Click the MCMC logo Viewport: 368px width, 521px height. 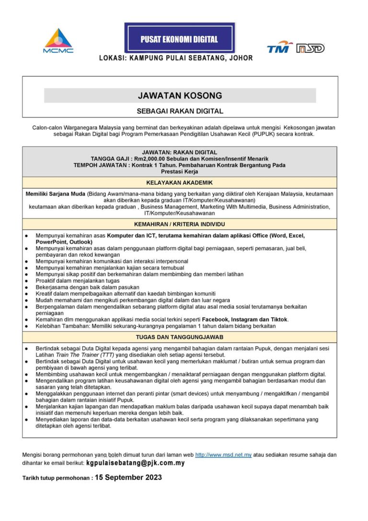(58, 41)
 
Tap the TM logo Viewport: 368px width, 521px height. (279, 47)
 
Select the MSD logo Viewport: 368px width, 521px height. (310, 48)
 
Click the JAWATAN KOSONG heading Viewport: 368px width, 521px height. (180, 95)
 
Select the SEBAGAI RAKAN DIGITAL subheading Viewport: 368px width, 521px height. (180, 111)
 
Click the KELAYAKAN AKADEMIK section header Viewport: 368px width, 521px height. (180, 183)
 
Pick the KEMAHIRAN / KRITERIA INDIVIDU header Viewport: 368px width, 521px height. (180, 224)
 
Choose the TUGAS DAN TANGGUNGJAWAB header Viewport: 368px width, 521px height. (180, 337)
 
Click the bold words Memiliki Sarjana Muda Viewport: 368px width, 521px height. (55, 194)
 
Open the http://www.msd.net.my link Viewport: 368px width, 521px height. (223, 454)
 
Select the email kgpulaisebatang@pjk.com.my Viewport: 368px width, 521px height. (135, 463)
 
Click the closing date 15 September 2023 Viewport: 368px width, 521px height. (128, 477)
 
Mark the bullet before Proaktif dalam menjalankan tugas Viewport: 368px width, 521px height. (26, 281)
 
